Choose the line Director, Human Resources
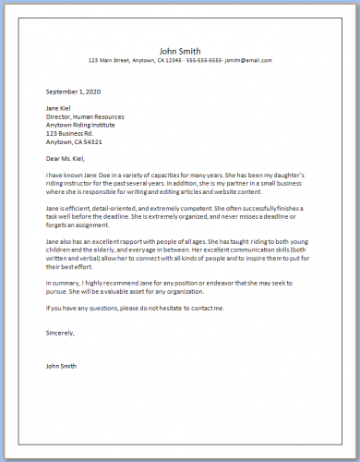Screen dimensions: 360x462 tap(88, 117)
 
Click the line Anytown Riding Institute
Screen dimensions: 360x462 tap(84, 126)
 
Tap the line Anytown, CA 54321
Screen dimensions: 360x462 tap(74, 142)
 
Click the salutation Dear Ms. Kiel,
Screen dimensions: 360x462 tap(68, 160)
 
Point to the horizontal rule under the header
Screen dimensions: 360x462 tap(179, 69)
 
